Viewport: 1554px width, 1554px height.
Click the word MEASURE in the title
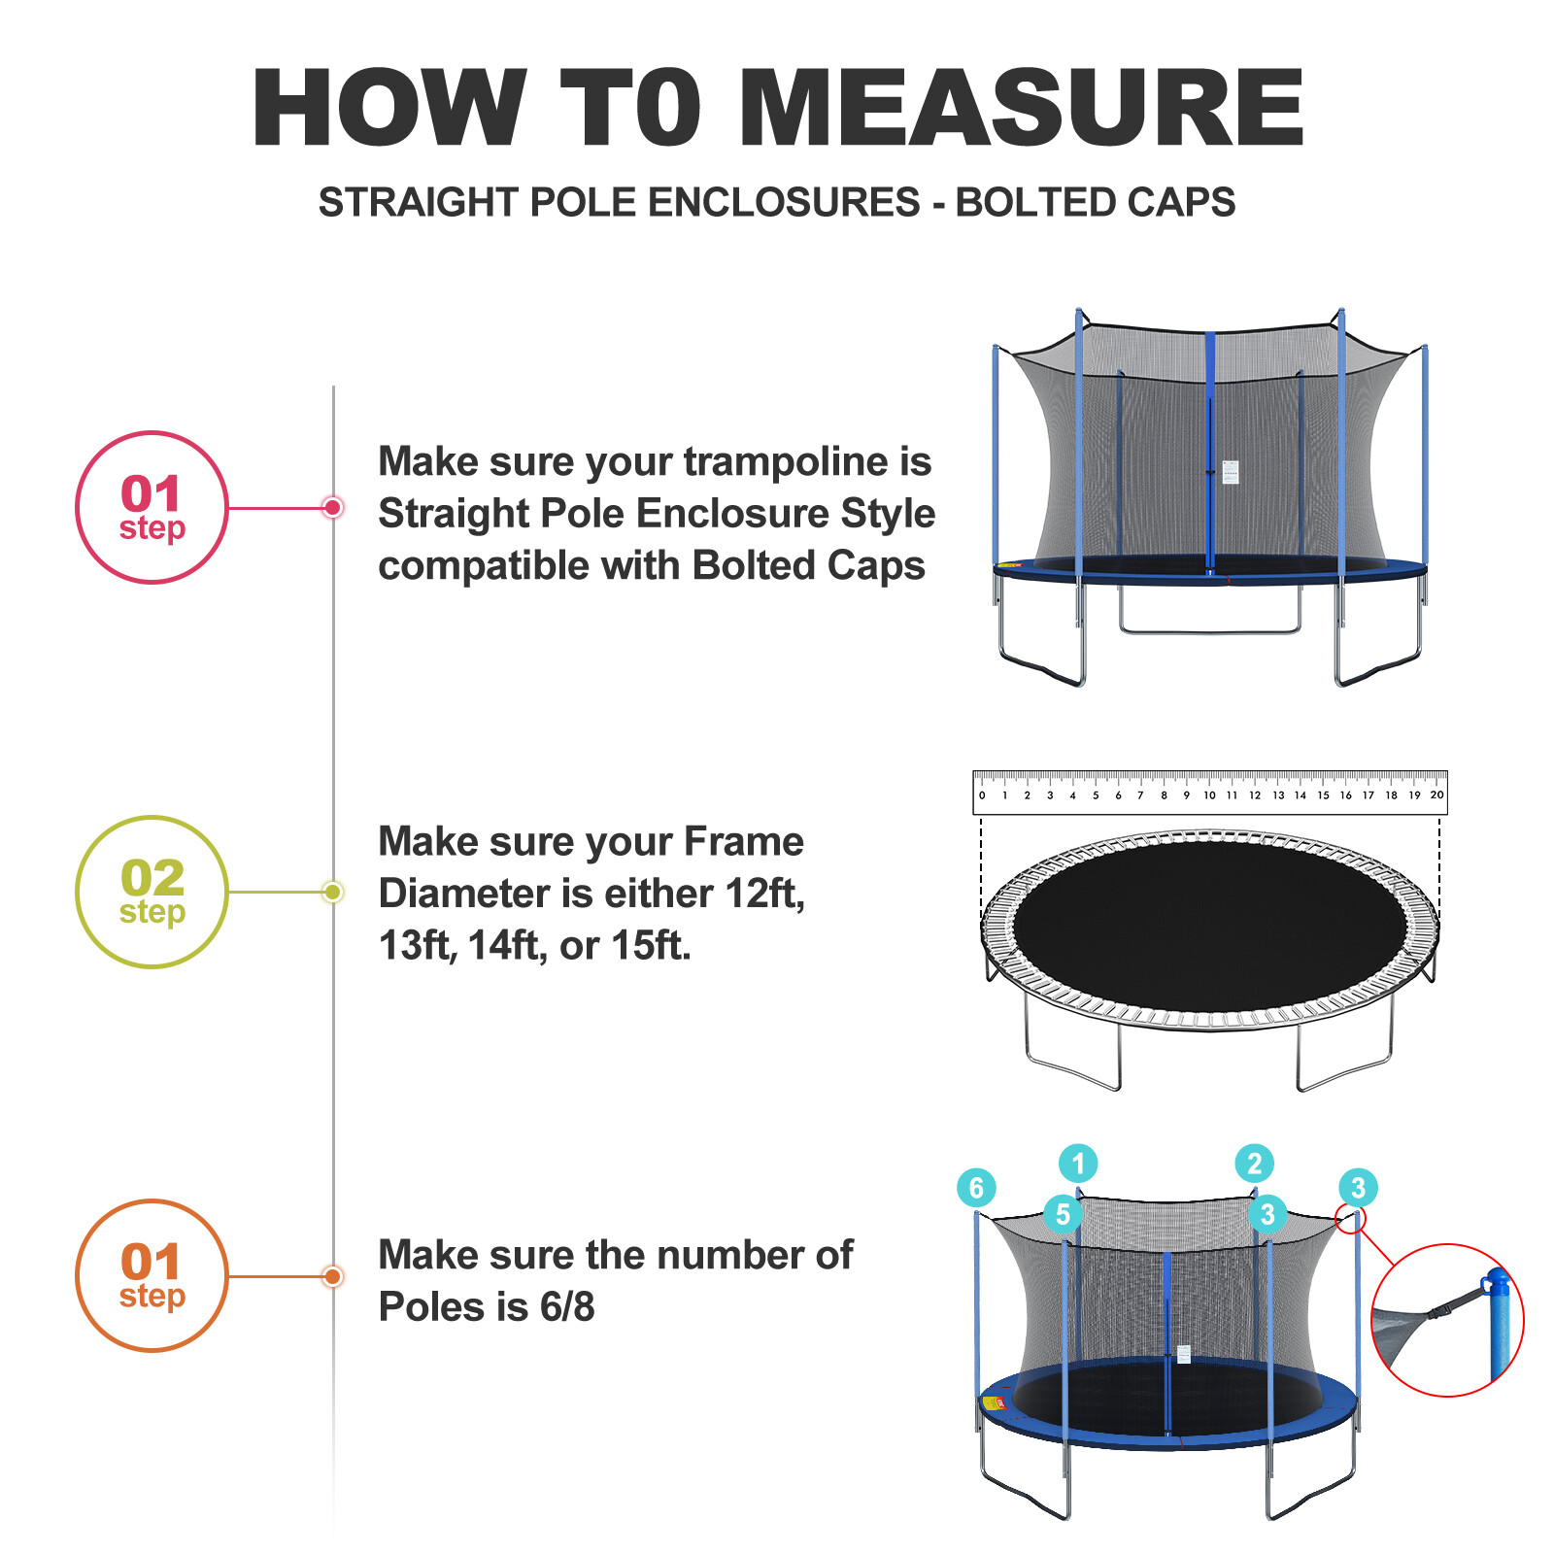(1027, 108)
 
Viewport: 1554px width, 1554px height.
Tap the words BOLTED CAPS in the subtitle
(1095, 202)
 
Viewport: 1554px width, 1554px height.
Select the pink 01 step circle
(152, 507)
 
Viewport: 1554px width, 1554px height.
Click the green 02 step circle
(152, 892)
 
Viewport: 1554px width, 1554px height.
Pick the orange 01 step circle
(152, 1275)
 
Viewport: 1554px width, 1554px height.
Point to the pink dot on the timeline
(333, 507)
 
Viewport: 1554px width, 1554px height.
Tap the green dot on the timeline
(333, 892)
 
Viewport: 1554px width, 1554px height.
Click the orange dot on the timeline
(333, 1276)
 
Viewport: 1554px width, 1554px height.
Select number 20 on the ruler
(1436, 795)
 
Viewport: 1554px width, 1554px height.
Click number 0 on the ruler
(982, 795)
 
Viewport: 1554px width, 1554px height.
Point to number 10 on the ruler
(1209, 795)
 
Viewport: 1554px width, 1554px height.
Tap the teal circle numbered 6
(976, 1187)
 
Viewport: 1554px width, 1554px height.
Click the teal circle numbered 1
(1078, 1163)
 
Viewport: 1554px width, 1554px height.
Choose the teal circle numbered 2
(1254, 1163)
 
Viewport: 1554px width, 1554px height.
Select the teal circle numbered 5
(1063, 1214)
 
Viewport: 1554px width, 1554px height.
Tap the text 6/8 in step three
(567, 1307)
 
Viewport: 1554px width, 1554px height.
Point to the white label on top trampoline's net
(1231, 472)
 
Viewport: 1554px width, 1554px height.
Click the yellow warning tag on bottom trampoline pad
(993, 1402)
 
